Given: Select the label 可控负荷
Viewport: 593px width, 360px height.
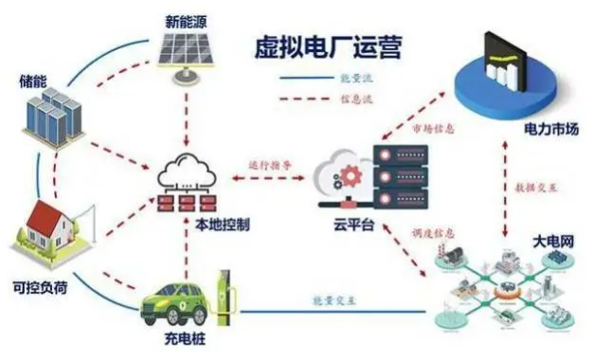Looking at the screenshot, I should click(x=41, y=284).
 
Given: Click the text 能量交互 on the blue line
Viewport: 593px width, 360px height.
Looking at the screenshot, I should click(x=332, y=300).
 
